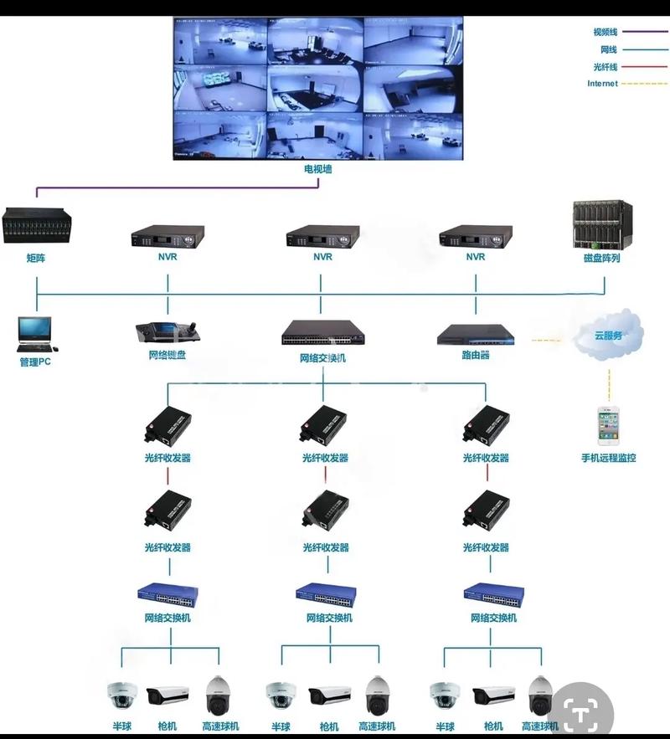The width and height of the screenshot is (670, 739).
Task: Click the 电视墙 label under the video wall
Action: click(318, 169)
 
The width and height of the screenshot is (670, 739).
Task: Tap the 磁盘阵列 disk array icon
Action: click(602, 223)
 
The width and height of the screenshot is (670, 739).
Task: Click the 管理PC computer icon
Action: click(34, 333)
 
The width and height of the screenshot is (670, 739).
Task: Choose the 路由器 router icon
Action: click(475, 335)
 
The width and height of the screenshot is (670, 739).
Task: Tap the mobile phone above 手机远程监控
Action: click(608, 426)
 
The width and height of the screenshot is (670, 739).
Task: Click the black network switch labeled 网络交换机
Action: click(322, 334)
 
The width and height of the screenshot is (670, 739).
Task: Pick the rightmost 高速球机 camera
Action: click(541, 695)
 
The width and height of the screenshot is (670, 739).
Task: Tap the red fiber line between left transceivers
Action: click(168, 475)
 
